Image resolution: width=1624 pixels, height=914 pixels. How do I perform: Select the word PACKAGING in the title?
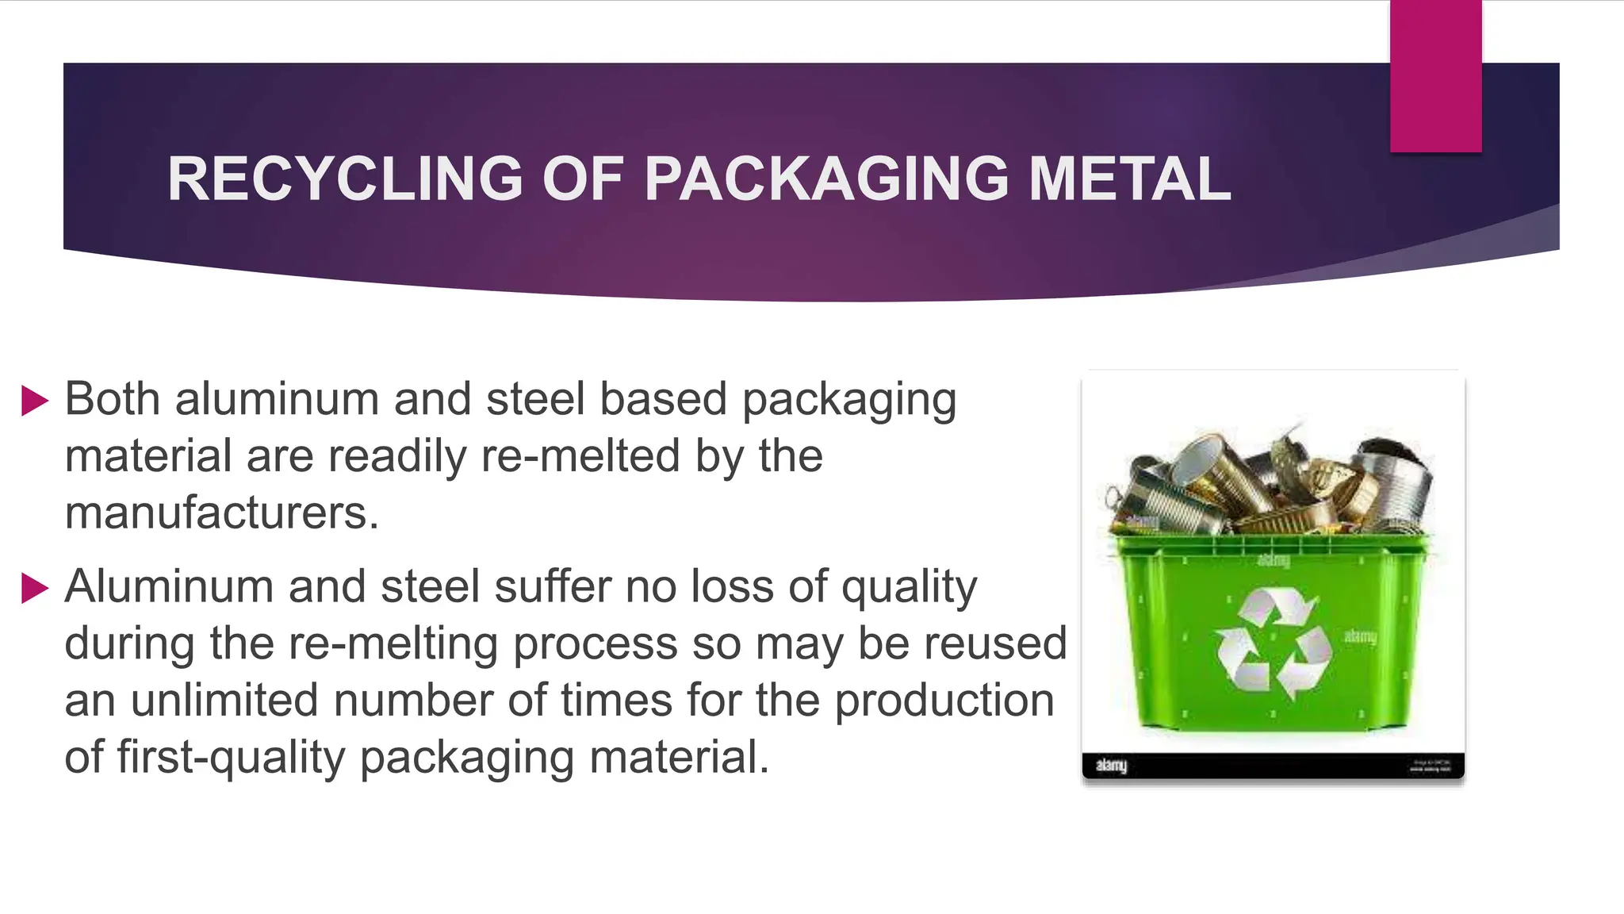(826, 179)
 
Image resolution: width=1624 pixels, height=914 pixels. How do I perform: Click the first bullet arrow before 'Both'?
(35, 401)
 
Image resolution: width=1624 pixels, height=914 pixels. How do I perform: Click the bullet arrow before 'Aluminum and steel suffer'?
(35, 589)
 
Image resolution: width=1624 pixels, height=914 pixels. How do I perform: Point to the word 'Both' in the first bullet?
(112, 398)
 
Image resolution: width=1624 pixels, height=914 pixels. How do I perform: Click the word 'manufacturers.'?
(222, 513)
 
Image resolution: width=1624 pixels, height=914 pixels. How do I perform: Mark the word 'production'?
(944, 701)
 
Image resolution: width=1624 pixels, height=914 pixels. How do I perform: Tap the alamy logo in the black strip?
(1111, 766)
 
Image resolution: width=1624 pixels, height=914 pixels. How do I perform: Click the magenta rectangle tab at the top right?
(1435, 75)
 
